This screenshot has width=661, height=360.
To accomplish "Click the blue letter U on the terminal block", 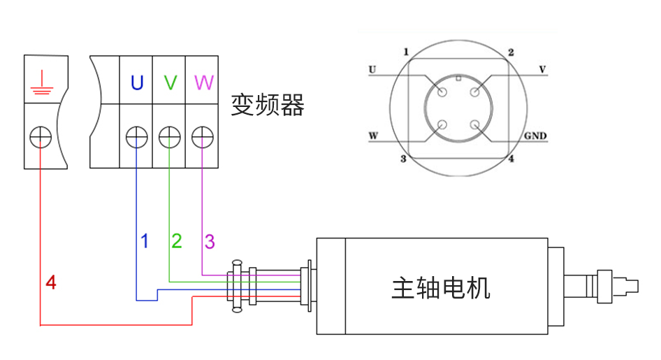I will [x=137, y=83].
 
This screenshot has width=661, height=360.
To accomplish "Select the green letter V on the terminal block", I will [x=170, y=83].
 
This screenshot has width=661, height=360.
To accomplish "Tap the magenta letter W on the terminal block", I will [x=203, y=83].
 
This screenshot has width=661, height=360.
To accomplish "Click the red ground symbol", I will [x=41, y=82].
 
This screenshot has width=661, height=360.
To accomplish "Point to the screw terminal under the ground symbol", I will [x=41, y=137].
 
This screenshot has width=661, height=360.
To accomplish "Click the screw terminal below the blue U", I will [x=136, y=137].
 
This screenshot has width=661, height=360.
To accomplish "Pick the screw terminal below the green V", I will [x=170, y=137].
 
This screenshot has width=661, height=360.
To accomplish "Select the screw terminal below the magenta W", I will [x=202, y=137].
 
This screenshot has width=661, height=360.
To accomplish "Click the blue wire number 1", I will [x=145, y=242].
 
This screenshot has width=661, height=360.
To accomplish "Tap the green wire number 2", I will [x=177, y=242].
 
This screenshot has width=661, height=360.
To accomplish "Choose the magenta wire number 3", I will [x=210, y=242].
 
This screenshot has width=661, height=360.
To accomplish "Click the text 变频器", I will [x=268, y=106].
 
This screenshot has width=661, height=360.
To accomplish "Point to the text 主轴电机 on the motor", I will [x=441, y=287].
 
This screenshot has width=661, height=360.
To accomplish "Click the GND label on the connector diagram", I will [x=535, y=136].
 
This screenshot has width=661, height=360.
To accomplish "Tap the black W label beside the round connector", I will [x=373, y=136].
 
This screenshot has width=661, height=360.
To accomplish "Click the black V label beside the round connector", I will [x=542, y=69].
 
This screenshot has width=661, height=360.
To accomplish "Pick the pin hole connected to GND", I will [x=476, y=126].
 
